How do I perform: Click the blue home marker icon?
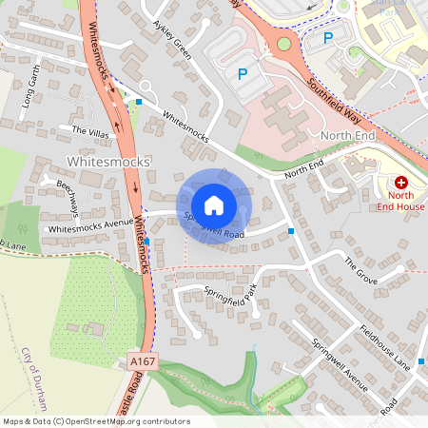214,204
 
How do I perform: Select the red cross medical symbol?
400,182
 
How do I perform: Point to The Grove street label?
361,270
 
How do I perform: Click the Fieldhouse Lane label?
385,348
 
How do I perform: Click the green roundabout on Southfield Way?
283,43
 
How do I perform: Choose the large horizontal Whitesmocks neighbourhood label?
109,163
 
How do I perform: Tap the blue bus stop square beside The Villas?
139,101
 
